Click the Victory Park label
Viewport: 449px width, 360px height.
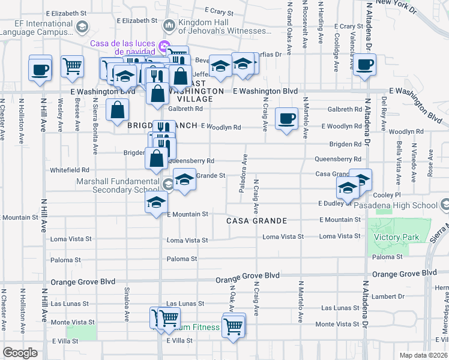[396, 238]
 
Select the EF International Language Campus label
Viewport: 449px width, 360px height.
[37, 26]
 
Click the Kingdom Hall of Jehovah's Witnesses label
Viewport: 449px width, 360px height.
[221, 26]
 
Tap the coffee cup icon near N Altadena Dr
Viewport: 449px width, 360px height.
[364, 65]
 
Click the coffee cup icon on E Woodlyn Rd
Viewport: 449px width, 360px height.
[286, 118]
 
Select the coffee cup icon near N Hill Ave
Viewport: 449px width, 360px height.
[40, 68]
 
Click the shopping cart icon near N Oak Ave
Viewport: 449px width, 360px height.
[233, 326]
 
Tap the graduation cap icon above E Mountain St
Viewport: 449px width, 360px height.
[156, 202]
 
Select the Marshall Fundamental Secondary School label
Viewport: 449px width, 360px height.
[119, 186]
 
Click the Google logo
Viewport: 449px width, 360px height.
[20, 353]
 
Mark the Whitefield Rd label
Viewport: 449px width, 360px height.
[70, 170]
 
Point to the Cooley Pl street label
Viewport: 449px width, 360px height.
[387, 195]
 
